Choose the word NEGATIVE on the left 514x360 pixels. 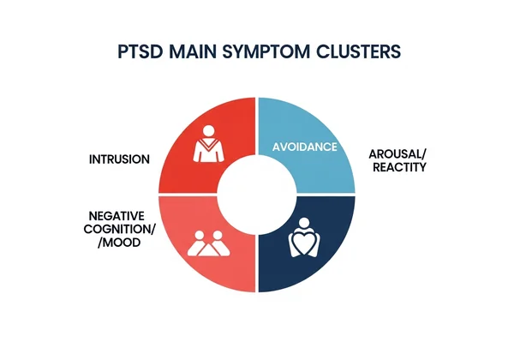click(x=117, y=215)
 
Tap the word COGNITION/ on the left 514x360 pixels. click(x=117, y=229)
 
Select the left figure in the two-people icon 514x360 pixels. click(x=198, y=243)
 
